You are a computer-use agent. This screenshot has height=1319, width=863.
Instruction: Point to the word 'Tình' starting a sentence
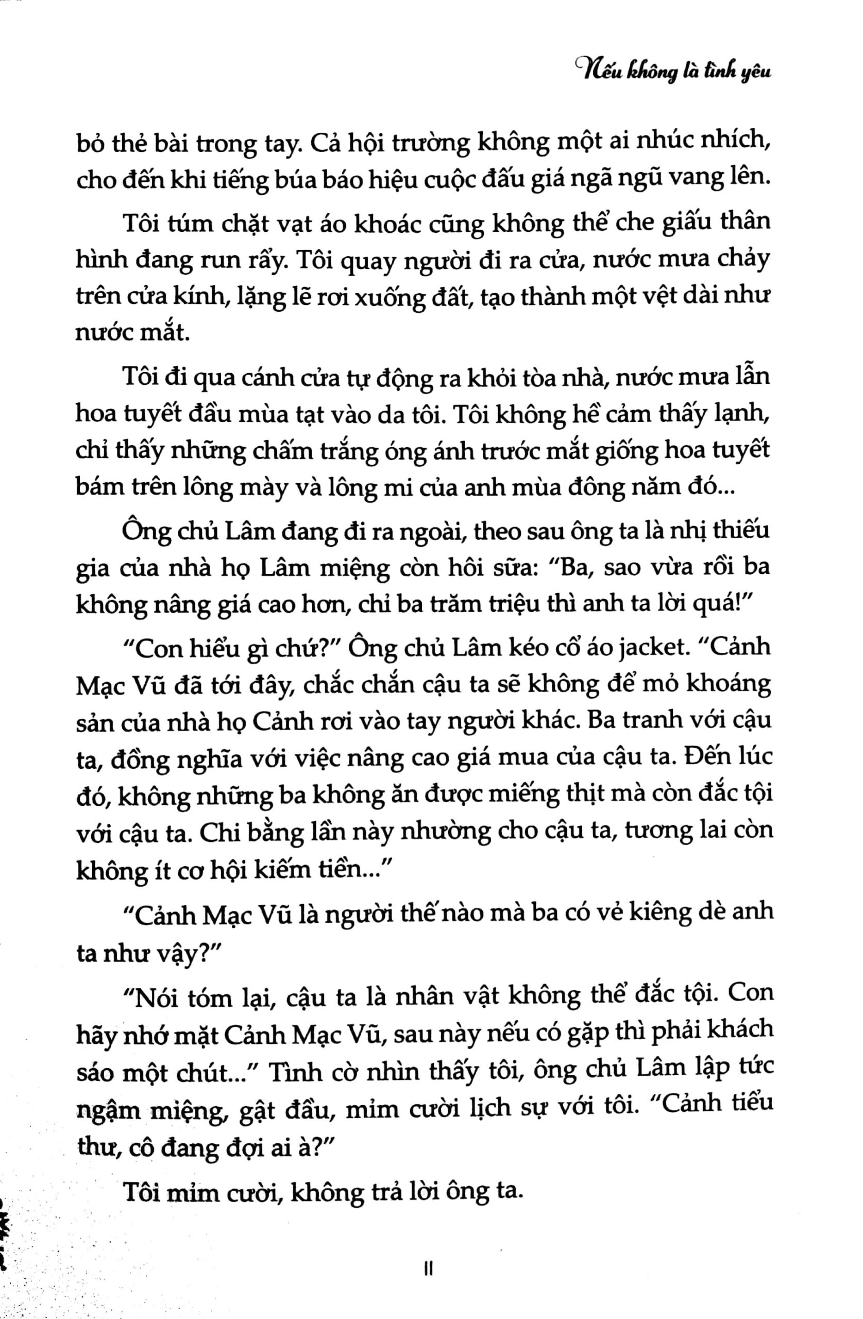click(295, 1072)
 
